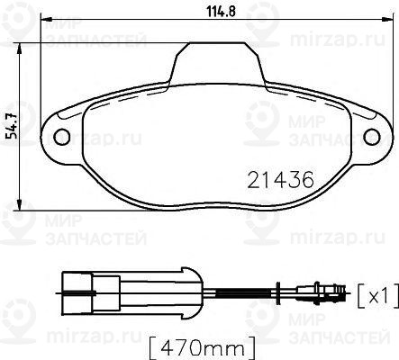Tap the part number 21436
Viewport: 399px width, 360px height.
click(279, 179)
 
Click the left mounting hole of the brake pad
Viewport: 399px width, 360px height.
click(63, 137)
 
